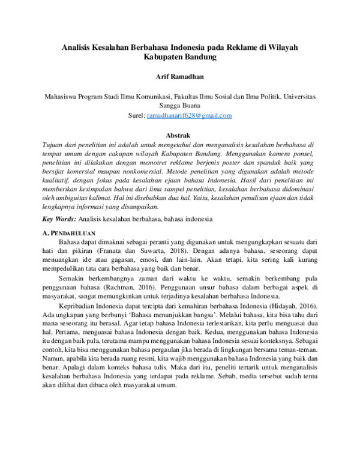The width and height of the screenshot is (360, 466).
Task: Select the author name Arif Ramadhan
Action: pyautogui.click(x=180, y=77)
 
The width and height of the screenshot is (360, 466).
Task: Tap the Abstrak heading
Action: pyautogui.click(x=180, y=136)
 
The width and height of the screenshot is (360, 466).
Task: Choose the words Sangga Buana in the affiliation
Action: pyautogui.click(x=180, y=105)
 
